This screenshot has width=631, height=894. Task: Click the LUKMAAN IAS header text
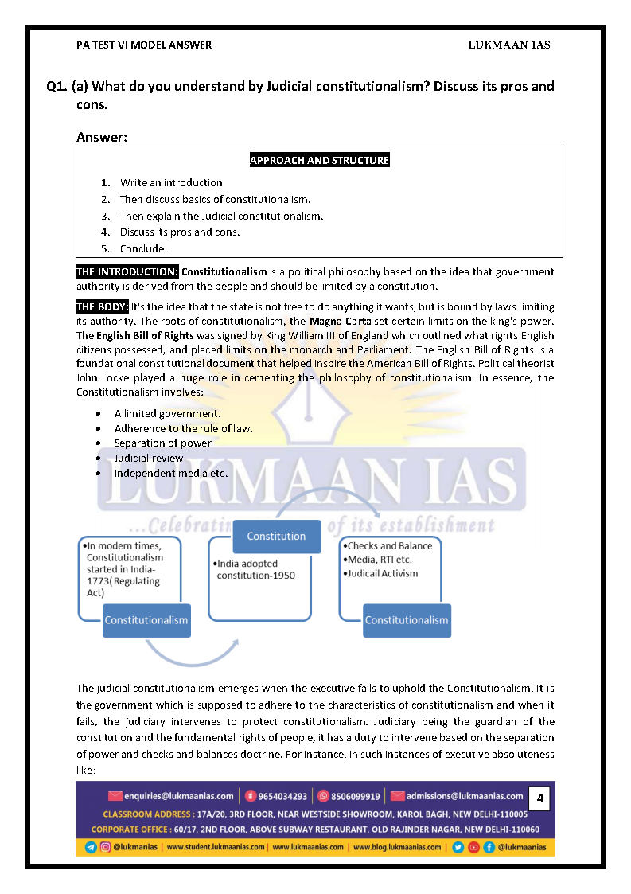(x=509, y=45)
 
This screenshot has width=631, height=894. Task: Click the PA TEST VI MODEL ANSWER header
(x=144, y=45)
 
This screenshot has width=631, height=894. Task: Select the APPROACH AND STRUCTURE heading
(x=319, y=160)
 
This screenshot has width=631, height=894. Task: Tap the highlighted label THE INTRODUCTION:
(x=127, y=272)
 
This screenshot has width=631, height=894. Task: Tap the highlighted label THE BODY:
(x=103, y=306)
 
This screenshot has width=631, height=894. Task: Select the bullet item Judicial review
(x=148, y=458)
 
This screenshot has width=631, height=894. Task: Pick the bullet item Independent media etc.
(x=170, y=473)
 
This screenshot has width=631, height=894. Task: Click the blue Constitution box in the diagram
(x=276, y=536)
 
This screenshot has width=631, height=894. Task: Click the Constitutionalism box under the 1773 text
(x=146, y=620)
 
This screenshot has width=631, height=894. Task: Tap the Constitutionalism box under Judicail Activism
(x=406, y=620)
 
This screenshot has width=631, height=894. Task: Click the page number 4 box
(x=540, y=797)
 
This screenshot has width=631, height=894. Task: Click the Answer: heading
(x=102, y=137)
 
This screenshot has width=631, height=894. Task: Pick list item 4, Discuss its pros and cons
(x=179, y=232)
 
